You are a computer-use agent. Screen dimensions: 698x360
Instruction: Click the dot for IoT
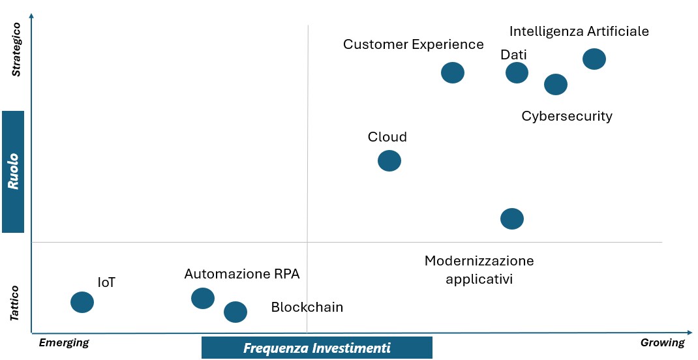click(82, 302)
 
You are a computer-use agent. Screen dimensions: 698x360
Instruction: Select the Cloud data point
click(389, 160)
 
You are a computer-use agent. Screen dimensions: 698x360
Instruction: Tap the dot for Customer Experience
click(453, 72)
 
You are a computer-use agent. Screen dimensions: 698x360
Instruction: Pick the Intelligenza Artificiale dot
click(594, 59)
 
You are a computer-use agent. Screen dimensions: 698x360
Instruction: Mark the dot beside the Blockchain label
click(235, 312)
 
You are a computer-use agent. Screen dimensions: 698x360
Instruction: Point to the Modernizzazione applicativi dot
click(512, 218)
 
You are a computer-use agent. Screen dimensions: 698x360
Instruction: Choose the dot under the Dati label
click(517, 72)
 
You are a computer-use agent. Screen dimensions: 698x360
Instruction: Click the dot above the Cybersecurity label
click(556, 84)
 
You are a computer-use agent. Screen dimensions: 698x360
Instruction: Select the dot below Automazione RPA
click(203, 298)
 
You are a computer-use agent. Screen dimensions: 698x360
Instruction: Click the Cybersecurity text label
click(567, 117)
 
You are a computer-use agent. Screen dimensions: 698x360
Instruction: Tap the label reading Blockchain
click(307, 307)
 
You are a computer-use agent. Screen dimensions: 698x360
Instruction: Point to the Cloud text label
click(387, 136)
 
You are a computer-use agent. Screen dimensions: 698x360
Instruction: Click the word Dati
click(513, 55)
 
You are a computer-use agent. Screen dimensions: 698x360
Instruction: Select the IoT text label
click(106, 282)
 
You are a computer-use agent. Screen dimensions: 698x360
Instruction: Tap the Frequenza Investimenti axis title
click(317, 348)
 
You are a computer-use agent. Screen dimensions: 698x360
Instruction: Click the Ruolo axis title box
click(13, 172)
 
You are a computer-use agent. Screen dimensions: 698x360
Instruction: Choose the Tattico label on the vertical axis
click(15, 303)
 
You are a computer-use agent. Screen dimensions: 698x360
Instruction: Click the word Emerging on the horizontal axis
click(64, 342)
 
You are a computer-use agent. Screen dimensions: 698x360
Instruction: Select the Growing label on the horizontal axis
click(662, 342)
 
